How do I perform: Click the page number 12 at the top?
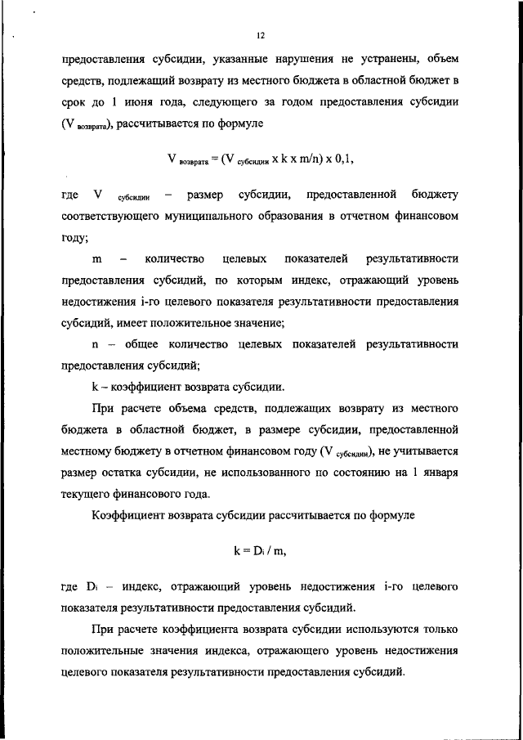[x=261, y=36]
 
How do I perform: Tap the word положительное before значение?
[x=199, y=322]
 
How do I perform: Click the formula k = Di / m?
[x=260, y=550]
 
